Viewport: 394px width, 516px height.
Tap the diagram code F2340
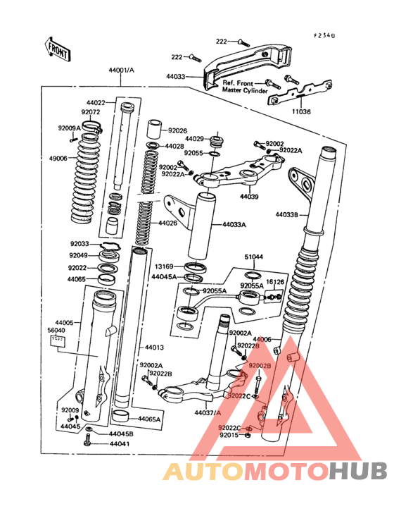point(325,34)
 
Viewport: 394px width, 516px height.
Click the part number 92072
point(91,111)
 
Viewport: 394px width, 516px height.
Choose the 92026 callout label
point(177,130)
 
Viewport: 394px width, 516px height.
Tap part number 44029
point(195,139)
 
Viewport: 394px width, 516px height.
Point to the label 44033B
point(288,214)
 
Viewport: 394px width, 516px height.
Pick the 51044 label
point(254,257)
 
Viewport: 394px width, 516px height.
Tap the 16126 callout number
point(274,281)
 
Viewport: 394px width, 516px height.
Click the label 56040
point(57,329)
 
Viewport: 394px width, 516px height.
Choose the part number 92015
point(229,435)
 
